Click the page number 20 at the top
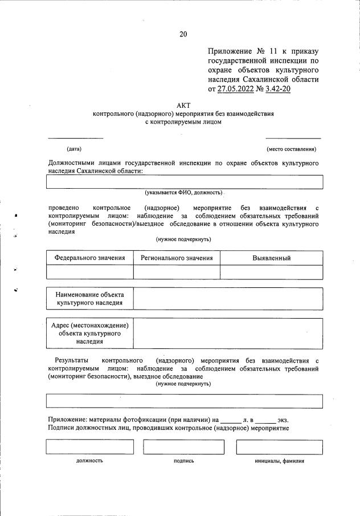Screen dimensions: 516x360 click(x=183, y=34)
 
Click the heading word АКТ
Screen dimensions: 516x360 click(x=183, y=105)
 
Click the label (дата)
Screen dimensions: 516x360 click(x=74, y=149)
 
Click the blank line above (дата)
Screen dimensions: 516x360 click(x=75, y=137)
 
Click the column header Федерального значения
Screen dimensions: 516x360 click(x=89, y=258)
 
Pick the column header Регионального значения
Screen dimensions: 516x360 click(x=177, y=258)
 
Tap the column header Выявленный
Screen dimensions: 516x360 click(x=271, y=258)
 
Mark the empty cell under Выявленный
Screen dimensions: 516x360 click(x=271, y=272)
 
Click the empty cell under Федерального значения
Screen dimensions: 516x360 click(x=89, y=272)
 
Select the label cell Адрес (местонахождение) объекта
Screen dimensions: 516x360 click(x=89, y=333)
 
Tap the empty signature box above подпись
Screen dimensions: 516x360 click(x=183, y=446)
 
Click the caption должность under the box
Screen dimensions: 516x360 click(x=89, y=461)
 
